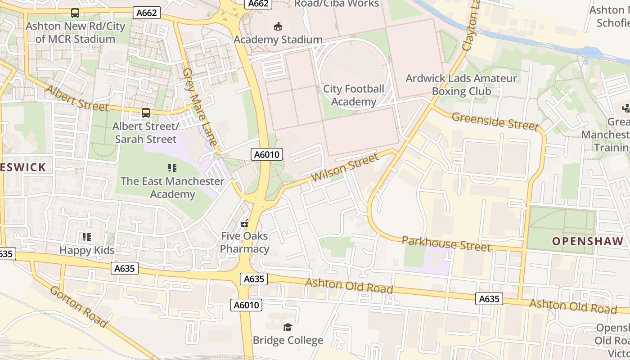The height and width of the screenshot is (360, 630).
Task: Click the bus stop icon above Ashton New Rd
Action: [x=75, y=13]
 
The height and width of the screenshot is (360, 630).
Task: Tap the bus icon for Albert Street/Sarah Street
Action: [x=145, y=113]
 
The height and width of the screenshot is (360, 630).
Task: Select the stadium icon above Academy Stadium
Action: [x=278, y=27]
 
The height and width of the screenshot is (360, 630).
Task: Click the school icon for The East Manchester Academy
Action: [x=172, y=168]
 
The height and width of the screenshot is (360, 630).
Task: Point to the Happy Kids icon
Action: [x=86, y=237]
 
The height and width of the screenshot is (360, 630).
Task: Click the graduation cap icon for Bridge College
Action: [x=288, y=327]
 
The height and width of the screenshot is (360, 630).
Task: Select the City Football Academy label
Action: [x=354, y=95]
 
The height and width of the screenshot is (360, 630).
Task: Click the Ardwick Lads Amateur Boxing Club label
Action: [x=461, y=85]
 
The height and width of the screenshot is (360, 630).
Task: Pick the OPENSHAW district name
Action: [x=588, y=241]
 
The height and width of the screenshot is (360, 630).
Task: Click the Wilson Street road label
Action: [x=345, y=167]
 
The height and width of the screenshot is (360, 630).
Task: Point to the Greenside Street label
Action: [x=495, y=121]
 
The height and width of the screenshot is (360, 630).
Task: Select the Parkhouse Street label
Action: [x=446, y=243]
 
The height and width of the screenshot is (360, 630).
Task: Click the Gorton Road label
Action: [x=79, y=306]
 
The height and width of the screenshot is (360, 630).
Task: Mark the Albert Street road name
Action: [x=77, y=98]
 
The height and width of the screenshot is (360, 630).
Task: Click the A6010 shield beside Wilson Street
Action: [x=267, y=155]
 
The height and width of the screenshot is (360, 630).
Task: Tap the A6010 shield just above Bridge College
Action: [x=247, y=305]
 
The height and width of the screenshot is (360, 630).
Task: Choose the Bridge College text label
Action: [x=288, y=340]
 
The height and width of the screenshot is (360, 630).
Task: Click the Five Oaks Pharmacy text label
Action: [x=244, y=243]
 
